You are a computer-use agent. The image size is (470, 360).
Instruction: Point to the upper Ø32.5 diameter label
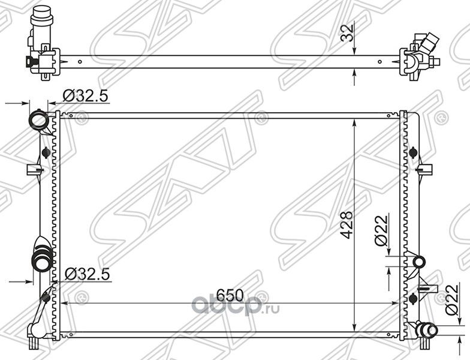[x=86, y=95]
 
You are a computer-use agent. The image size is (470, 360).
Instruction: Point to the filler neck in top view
[x=40, y=18]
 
